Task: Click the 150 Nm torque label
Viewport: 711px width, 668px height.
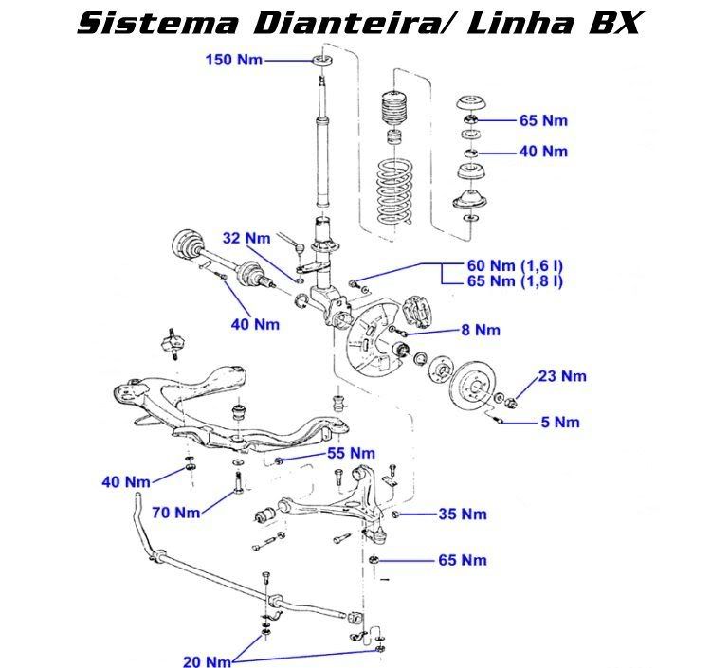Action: pos(233,60)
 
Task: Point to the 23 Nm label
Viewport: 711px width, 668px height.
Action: pos(562,376)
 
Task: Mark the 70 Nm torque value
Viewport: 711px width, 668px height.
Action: pos(175,513)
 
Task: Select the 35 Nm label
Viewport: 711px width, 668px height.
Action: pos(462,515)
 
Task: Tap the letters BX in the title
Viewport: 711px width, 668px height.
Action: pos(603,23)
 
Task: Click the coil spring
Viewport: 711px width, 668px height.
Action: pos(393,194)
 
